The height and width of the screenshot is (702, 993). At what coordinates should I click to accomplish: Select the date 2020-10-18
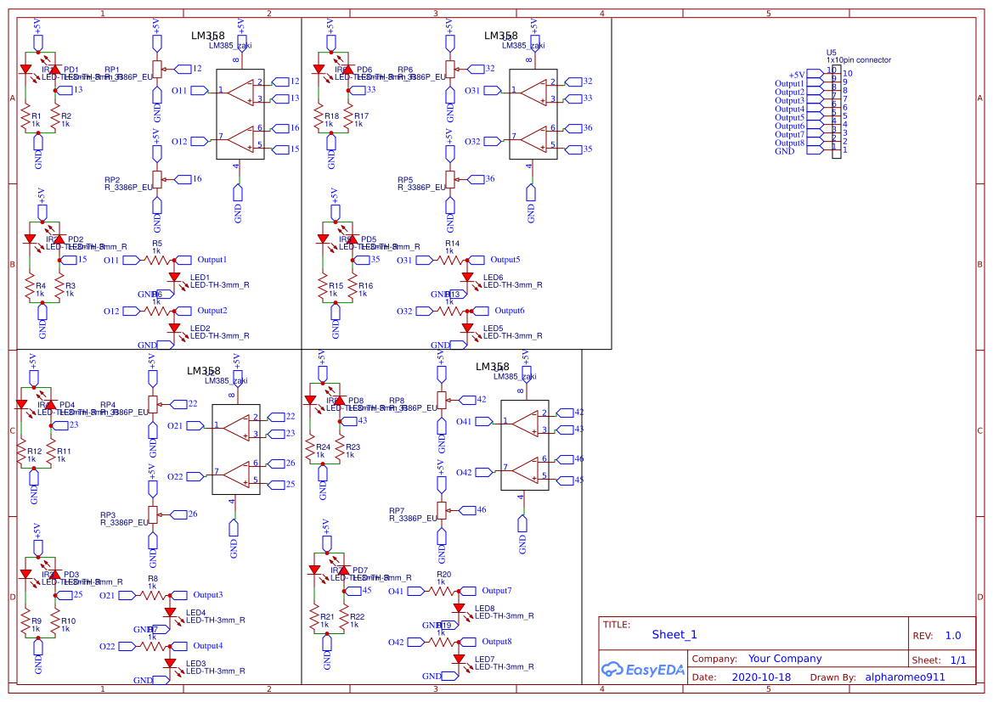(761, 677)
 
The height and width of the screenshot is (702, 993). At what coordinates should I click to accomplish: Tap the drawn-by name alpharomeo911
(905, 677)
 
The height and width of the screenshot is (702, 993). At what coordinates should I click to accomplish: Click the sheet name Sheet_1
(674, 634)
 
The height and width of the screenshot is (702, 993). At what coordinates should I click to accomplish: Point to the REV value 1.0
(952, 635)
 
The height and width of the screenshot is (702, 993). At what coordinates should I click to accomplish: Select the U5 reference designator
(832, 53)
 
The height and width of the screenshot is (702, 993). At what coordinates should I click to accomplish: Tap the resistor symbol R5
(158, 261)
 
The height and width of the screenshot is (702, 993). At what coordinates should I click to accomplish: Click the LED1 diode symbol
(175, 276)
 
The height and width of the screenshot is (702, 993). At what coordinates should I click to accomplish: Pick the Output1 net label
(212, 260)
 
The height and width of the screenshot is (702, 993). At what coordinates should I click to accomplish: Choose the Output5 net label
(505, 260)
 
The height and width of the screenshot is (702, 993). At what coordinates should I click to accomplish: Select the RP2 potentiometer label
(112, 180)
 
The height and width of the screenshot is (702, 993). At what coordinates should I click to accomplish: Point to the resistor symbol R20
(443, 591)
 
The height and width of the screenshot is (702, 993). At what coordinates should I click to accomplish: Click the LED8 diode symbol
(460, 607)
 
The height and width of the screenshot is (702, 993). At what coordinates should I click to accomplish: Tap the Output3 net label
(207, 595)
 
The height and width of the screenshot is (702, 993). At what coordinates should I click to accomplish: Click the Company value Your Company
(785, 659)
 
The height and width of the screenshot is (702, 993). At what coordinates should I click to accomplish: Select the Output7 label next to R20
(497, 591)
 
